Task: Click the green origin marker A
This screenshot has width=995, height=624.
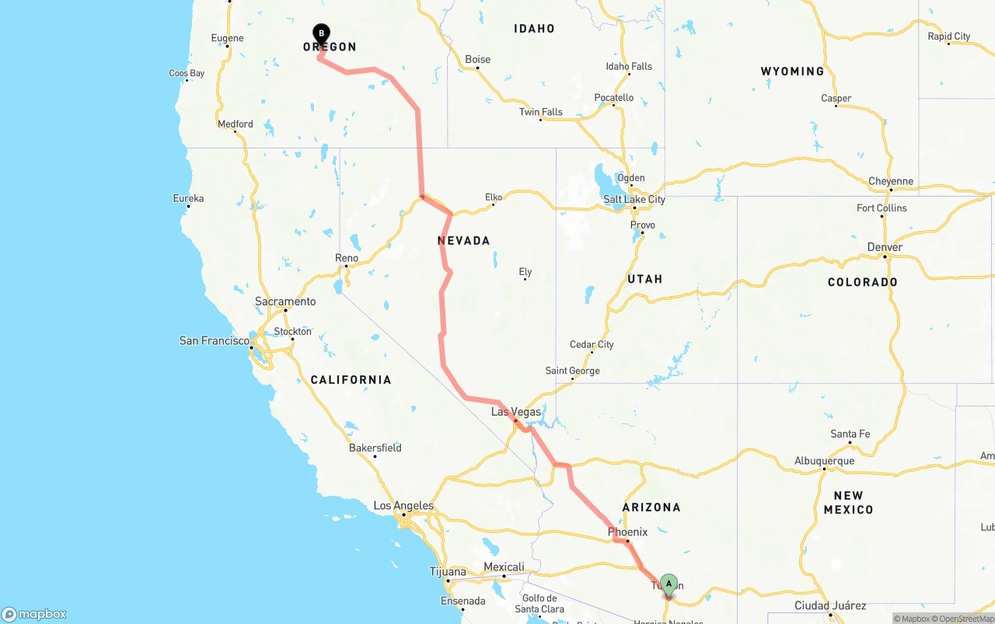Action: click(x=669, y=584)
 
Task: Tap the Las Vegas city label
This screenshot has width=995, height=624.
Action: click(x=516, y=412)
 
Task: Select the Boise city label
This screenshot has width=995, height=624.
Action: click(x=478, y=60)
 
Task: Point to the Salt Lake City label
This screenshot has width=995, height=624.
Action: click(x=634, y=199)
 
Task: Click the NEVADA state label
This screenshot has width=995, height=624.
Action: click(x=464, y=241)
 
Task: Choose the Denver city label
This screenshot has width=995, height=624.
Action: click(x=885, y=247)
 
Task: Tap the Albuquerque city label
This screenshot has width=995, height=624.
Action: click(x=824, y=461)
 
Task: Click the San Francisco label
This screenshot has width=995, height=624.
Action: click(x=214, y=340)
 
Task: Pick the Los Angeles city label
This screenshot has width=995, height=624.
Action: click(x=403, y=506)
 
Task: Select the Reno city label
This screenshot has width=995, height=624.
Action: click(x=347, y=258)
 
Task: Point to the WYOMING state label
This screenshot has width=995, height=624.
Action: click(x=792, y=71)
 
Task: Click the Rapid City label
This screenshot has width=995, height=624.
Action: click(x=948, y=37)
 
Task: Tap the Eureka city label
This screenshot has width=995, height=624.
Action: click(x=188, y=199)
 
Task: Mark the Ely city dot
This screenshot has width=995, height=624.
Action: click(x=525, y=279)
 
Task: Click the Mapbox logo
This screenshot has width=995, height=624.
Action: click(x=34, y=614)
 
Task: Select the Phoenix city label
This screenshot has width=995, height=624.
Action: click(x=627, y=532)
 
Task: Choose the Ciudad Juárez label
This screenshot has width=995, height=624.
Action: click(x=830, y=605)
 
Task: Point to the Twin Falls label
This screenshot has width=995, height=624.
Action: click(x=540, y=112)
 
